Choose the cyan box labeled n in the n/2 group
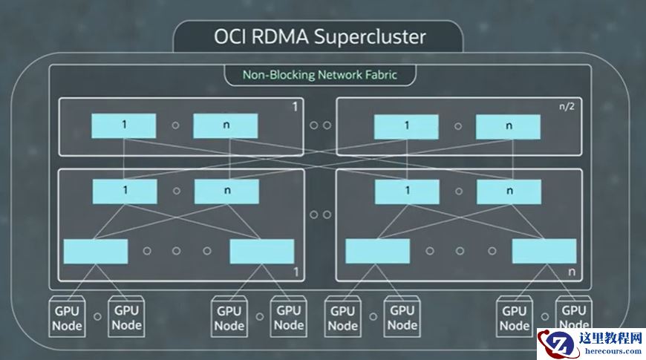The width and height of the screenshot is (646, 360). (x=509, y=126)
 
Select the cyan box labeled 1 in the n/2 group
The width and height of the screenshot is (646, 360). (x=406, y=126)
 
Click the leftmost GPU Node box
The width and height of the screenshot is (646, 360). (x=67, y=317)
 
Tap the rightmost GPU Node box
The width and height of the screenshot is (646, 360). (x=574, y=315)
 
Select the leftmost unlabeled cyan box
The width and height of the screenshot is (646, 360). (x=96, y=252)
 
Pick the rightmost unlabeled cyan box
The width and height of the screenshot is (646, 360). (x=544, y=252)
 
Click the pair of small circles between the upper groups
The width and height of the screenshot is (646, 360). (x=320, y=125)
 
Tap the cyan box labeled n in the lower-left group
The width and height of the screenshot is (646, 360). (x=226, y=192)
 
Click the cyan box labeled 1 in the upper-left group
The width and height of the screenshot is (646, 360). (x=124, y=125)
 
